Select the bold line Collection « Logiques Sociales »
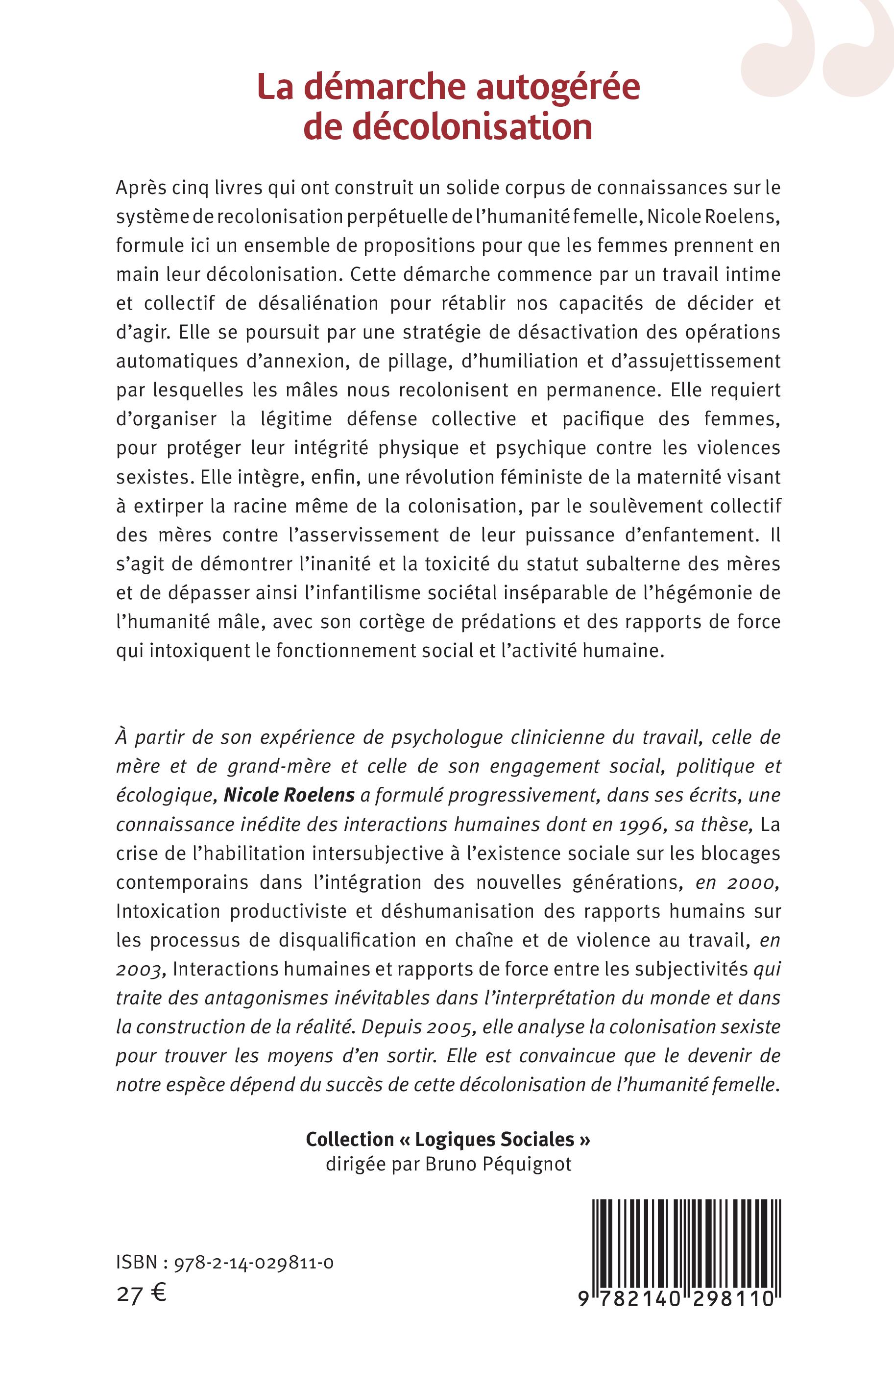click(x=448, y=1140)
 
